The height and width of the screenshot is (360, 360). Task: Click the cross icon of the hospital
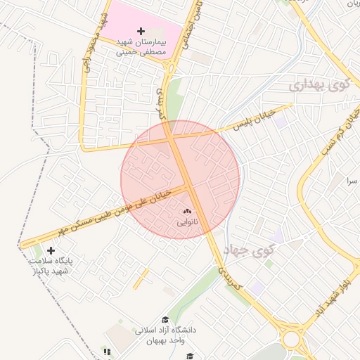(141, 32)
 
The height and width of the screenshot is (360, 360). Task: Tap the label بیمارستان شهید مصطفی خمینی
(141, 47)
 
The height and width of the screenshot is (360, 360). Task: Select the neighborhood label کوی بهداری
(319, 86)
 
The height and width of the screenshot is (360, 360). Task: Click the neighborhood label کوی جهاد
(249, 250)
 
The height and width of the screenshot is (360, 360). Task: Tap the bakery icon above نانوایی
(187, 211)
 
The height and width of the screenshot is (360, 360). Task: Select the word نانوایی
(187, 222)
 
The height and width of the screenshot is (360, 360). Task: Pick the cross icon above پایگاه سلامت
(51, 250)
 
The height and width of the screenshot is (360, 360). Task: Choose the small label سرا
(350, 181)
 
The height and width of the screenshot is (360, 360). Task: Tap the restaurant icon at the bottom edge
(107, 352)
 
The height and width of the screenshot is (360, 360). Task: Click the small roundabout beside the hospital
(170, 68)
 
